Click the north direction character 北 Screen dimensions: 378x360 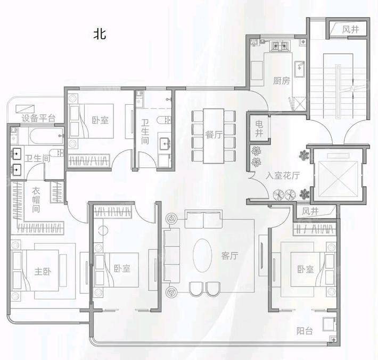click(x=100, y=34)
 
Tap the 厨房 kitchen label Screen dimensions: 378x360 click(x=281, y=81)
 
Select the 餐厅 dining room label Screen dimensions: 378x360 click(x=213, y=135)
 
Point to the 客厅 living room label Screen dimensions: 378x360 click(x=230, y=256)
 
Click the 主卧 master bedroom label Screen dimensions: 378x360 click(x=43, y=271)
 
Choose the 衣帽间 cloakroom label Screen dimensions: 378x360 click(x=36, y=200)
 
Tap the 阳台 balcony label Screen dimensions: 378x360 click(x=305, y=331)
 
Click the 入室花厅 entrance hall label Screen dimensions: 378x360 click(x=283, y=175)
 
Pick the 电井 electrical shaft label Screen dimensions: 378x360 click(x=259, y=128)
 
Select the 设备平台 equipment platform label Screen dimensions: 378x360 click(x=38, y=118)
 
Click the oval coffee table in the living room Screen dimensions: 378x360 click(x=202, y=255)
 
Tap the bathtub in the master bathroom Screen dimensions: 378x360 click(x=46, y=136)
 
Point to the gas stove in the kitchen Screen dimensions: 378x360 click(x=280, y=46)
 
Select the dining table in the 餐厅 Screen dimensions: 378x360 click(x=213, y=136)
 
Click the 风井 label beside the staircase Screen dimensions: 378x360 click(x=350, y=30)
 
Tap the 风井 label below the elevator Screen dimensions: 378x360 click(x=310, y=212)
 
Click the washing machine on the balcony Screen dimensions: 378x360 click(x=328, y=324)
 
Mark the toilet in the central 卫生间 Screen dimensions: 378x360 click(x=164, y=120)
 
